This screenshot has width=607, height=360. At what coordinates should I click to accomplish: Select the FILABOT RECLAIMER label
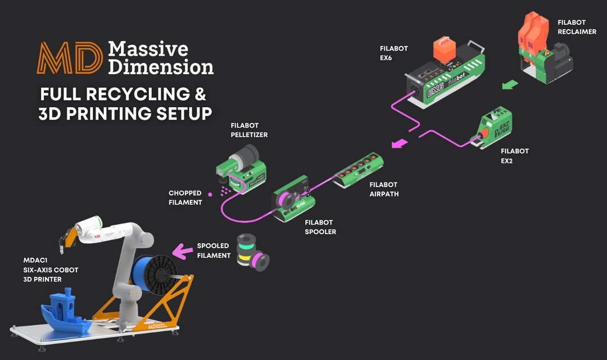pyautogui.click(x=577, y=27)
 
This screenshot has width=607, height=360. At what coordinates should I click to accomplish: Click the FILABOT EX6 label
pyautogui.click(x=393, y=53)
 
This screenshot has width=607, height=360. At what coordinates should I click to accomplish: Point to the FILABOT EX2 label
pyautogui.click(x=514, y=156)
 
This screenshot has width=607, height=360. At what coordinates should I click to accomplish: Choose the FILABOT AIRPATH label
pyautogui.click(x=383, y=189)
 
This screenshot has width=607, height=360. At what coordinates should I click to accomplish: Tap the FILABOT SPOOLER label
pyautogui.click(x=320, y=226)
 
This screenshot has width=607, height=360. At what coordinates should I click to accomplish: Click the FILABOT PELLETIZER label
pyautogui.click(x=249, y=130)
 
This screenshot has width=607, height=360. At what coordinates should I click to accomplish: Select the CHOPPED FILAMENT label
pyautogui.click(x=185, y=198)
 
